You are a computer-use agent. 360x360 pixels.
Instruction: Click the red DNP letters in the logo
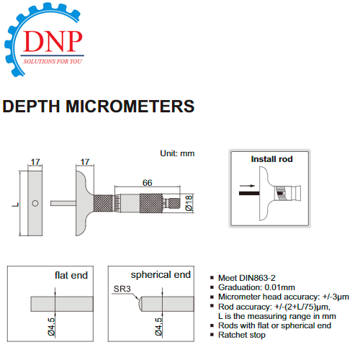tap(53, 41)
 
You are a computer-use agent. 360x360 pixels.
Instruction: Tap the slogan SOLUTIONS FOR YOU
tap(53, 61)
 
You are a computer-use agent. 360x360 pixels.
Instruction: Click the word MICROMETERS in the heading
tap(130, 107)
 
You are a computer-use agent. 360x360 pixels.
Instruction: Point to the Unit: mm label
tap(177, 153)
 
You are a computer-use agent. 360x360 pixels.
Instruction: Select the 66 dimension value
tap(147, 183)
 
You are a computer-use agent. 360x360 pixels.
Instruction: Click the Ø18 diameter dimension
tap(189, 203)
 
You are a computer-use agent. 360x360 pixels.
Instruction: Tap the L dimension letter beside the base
tap(16, 204)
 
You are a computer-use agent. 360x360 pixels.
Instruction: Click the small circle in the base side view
tap(35, 204)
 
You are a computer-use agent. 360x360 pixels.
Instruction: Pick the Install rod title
tap(271, 159)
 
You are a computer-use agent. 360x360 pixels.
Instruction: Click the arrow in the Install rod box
tap(247, 186)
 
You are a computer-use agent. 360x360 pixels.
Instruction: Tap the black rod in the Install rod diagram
tap(249, 193)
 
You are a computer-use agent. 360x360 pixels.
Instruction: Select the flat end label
tap(71, 275)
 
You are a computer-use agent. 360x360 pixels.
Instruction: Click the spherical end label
tap(161, 274)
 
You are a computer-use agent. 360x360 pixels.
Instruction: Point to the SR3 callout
tap(122, 289)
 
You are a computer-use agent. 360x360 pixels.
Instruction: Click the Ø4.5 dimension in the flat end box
tap(52, 326)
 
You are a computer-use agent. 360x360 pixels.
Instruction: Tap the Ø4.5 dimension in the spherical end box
tap(158, 326)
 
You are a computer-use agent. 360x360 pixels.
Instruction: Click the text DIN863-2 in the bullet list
tap(257, 278)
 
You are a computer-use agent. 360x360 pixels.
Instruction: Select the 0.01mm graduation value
tap(279, 287)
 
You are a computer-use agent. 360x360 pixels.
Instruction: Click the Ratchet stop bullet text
tap(242, 335)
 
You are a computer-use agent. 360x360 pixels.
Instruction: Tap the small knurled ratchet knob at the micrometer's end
tap(175, 204)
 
